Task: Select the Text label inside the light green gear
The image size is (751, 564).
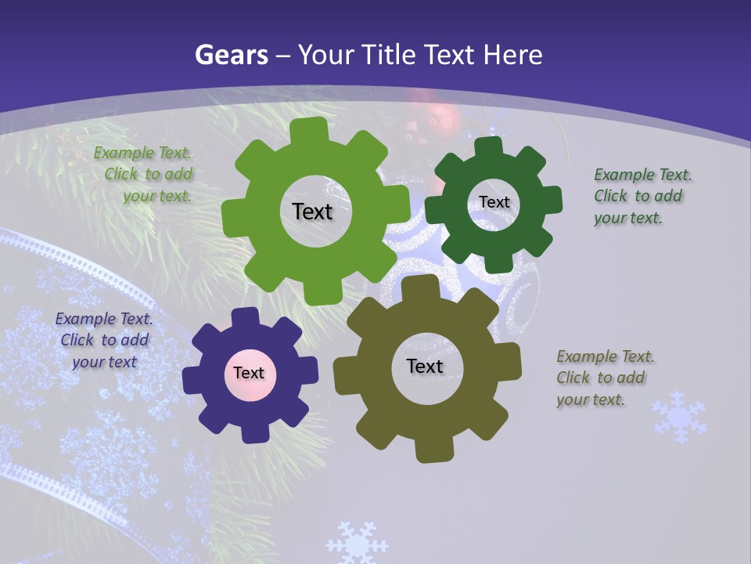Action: click(312, 211)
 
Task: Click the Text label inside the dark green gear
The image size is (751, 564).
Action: click(494, 202)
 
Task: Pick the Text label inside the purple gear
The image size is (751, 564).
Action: click(249, 373)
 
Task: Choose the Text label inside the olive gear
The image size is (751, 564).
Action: click(425, 366)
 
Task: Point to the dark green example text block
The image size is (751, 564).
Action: click(641, 196)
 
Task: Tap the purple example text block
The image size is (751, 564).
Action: click(104, 340)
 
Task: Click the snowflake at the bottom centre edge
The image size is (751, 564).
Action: click(356, 543)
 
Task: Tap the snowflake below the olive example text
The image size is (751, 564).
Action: click(679, 418)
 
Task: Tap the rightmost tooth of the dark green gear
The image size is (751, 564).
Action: click(553, 201)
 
